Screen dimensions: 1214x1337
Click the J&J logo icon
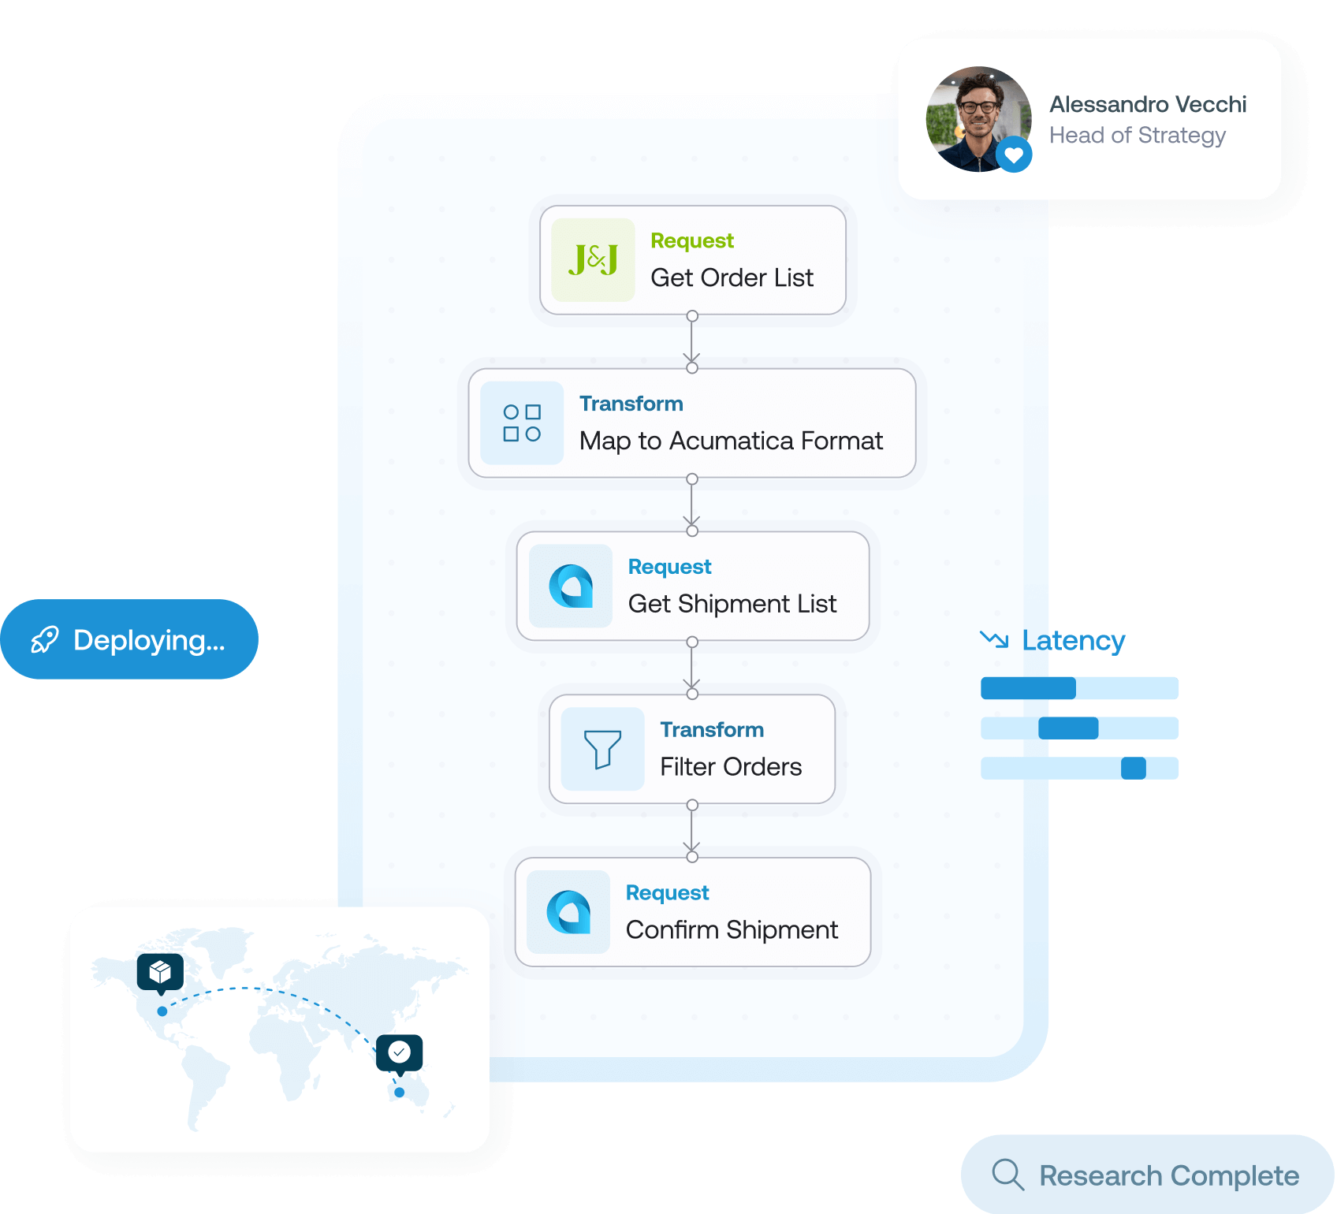[593, 260]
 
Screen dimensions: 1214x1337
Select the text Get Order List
[732, 277]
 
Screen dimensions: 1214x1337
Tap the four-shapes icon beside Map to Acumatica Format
[522, 423]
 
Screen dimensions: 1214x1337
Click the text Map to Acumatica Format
[731, 441]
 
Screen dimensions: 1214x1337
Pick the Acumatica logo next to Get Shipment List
[571, 586]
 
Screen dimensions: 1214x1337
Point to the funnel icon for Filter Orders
[602, 749]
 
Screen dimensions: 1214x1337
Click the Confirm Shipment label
[732, 930]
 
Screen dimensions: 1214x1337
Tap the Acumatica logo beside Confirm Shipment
[568, 912]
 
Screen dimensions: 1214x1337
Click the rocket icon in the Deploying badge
[45, 640]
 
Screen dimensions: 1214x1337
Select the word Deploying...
[148, 640]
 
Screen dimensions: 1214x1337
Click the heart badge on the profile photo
[1014, 155]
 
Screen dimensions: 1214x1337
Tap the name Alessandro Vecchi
[1148, 104]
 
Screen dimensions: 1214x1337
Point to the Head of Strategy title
[1137, 136]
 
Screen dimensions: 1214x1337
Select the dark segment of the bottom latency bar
[1134, 768]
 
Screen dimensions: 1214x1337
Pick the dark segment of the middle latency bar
[1068, 728]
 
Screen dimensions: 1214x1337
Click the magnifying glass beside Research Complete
[1007, 1175]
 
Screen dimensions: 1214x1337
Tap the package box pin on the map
[160, 971]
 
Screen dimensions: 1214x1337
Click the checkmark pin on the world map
[400, 1052]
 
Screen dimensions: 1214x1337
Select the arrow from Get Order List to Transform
[692, 342]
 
